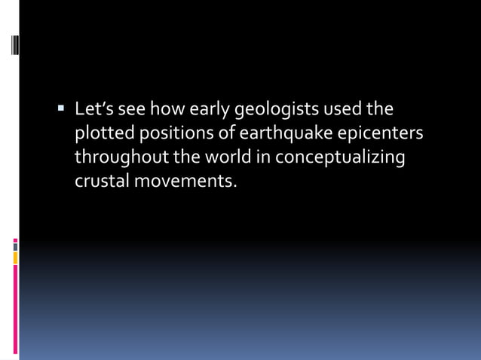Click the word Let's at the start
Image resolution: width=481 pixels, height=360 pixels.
94,110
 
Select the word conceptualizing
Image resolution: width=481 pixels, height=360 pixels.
340,157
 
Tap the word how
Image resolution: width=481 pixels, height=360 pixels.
165,110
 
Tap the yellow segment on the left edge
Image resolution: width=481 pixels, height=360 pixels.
15,258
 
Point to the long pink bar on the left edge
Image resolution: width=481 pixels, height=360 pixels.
15,309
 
